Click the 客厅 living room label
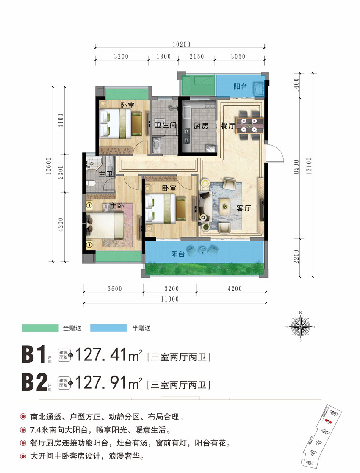click(244, 208)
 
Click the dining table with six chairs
click(250, 123)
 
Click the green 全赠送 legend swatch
click(40, 328)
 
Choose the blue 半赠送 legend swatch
click(108, 328)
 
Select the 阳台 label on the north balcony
click(240, 87)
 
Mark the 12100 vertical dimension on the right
click(313, 174)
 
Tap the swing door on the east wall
click(274, 152)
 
